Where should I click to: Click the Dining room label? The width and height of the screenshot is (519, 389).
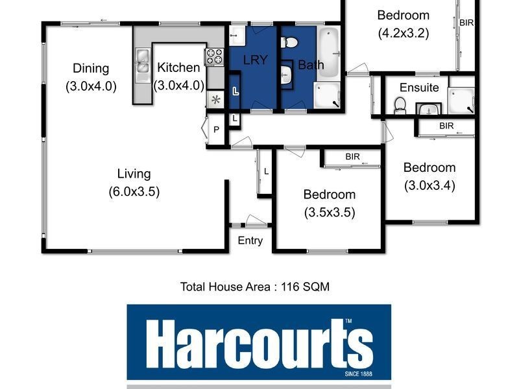click(91, 68)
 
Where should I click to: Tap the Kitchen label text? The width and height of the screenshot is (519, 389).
click(178, 67)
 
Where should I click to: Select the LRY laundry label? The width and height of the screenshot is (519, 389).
click(256, 60)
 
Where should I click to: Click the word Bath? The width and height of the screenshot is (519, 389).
click(310, 65)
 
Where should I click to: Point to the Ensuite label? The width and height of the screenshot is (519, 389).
click(419, 88)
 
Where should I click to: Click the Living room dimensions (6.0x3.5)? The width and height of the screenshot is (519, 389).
click(134, 191)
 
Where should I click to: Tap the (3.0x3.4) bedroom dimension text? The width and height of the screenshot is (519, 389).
click(429, 185)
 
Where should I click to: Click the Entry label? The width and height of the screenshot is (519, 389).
click(250, 241)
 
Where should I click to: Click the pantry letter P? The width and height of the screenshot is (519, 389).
click(217, 130)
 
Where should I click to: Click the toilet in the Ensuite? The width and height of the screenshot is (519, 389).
click(400, 104)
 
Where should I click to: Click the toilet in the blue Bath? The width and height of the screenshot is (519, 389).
click(289, 43)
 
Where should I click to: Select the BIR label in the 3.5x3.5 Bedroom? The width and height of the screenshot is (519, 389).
click(353, 156)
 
